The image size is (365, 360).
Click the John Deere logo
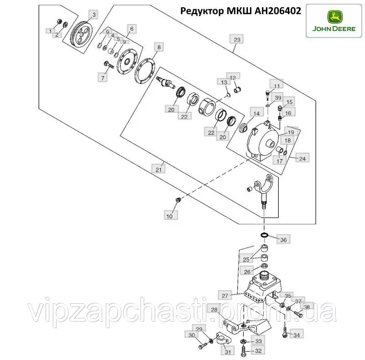click(334, 21)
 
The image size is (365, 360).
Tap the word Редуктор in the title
click(202, 11)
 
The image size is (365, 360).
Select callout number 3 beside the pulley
click(94, 15)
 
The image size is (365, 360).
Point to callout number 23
click(237, 39)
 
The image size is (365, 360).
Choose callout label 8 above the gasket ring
click(159, 48)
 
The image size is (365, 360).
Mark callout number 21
click(158, 169)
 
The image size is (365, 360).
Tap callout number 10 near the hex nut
click(170, 216)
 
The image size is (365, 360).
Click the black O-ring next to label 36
click(264, 235)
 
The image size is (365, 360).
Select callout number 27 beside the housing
click(225, 296)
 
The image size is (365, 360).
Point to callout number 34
click(296, 335)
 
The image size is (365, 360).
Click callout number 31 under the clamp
click(228, 351)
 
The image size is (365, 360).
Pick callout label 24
click(302, 159)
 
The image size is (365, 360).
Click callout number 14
click(256, 113)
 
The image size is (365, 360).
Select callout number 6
click(132, 29)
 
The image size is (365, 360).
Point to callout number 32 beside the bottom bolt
click(258, 351)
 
